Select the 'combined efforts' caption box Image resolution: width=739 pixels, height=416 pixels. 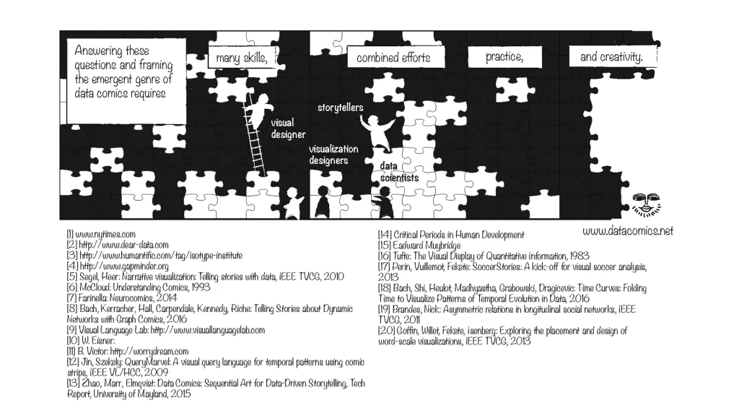coord(393,58)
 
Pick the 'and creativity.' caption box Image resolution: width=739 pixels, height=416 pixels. coord(611,56)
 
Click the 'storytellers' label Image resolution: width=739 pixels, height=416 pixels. coord(340,108)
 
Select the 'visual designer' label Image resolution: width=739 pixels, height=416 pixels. coord(288,129)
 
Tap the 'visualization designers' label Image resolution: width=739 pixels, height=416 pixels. coord(333,155)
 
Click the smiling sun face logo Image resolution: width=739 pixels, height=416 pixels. coord(644,204)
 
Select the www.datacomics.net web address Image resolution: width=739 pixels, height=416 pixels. coord(627,230)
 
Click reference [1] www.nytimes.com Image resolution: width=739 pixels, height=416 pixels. coord(101,235)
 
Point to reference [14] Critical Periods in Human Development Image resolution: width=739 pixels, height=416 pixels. coord(451,235)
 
